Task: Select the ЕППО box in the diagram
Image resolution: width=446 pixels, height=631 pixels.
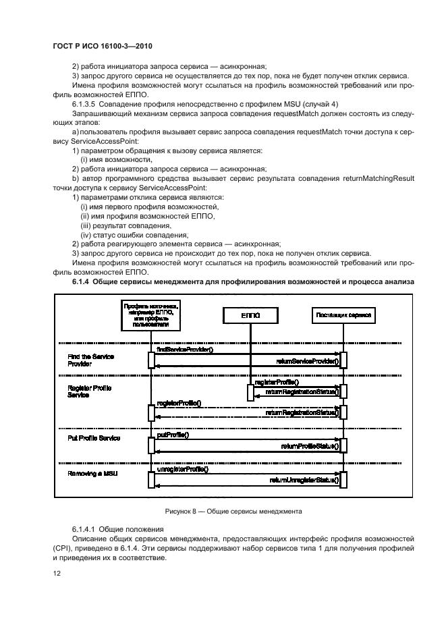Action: (250, 315)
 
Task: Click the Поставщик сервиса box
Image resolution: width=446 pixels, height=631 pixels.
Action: (342, 315)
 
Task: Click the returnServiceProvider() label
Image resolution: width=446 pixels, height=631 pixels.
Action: (307, 362)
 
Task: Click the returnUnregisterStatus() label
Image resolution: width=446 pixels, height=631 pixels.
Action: (304, 481)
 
